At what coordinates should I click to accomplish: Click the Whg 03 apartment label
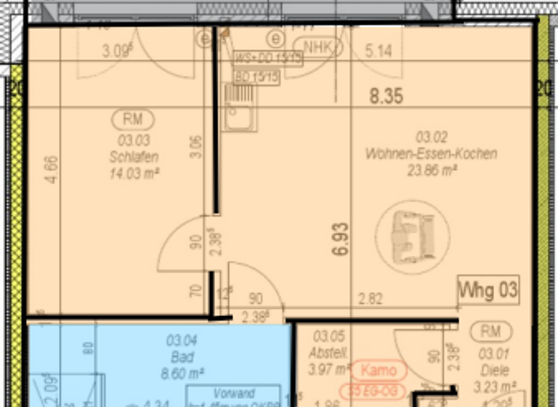(488, 291)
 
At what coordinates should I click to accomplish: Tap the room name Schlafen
(134, 157)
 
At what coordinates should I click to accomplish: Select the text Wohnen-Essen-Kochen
(432, 153)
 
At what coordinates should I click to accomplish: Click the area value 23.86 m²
(432, 171)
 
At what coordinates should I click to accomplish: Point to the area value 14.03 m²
(134, 172)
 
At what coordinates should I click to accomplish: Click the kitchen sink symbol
(239, 107)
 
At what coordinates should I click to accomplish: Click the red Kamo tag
(378, 369)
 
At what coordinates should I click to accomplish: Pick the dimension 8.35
(386, 96)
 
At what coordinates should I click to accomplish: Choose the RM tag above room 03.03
(133, 118)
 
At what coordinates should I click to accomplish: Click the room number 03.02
(431, 137)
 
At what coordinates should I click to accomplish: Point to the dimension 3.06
(194, 148)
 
